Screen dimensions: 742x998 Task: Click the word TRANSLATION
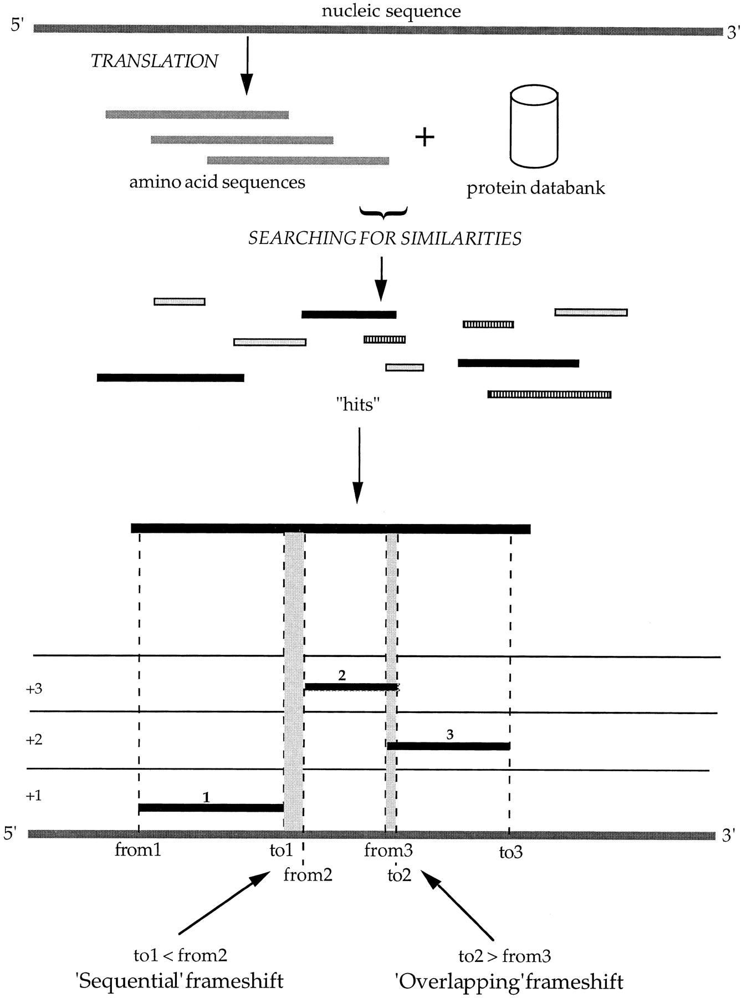coord(154,61)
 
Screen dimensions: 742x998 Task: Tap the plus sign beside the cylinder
coord(425,137)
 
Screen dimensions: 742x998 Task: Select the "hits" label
coord(358,405)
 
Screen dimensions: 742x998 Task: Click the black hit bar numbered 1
coord(211,808)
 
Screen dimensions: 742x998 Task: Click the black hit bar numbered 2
coord(351,687)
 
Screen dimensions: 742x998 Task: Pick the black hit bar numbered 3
coord(448,746)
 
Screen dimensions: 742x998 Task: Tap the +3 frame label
coord(34,689)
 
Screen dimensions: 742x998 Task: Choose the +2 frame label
coord(34,740)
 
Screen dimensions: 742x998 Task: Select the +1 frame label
coord(34,796)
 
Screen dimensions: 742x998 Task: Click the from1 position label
coord(138,849)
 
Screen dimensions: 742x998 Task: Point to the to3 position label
coord(510,852)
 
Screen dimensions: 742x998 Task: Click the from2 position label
coord(308,875)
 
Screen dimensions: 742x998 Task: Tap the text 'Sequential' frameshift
coord(180,981)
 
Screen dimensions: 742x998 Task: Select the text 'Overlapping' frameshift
coord(509,981)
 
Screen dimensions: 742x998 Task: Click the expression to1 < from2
coord(181,955)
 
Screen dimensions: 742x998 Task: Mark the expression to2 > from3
coord(505,955)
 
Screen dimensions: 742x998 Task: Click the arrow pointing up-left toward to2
coord(458,905)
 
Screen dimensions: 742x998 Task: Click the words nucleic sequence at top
coord(391,11)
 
